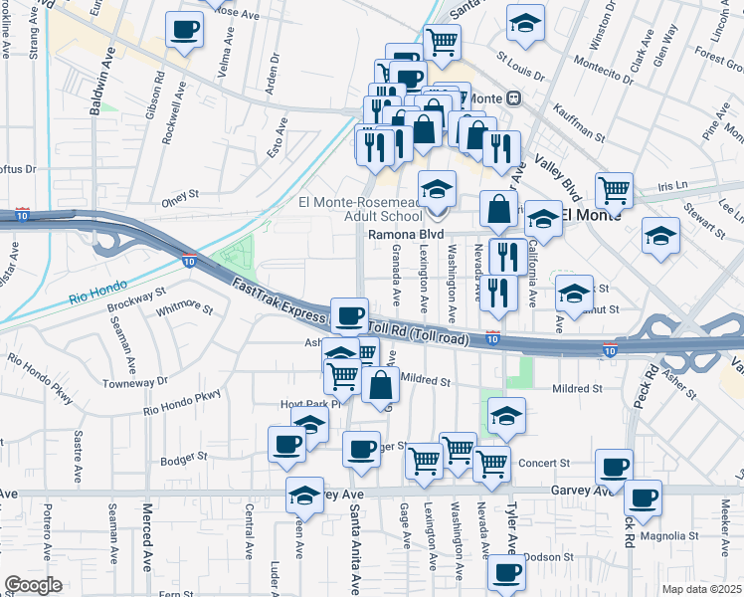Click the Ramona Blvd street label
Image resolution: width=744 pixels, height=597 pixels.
[x=406, y=235]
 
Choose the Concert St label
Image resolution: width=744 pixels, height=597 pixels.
[x=543, y=463]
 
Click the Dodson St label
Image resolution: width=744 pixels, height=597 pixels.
[x=542, y=556]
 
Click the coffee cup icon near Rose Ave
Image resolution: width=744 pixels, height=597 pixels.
[x=183, y=29]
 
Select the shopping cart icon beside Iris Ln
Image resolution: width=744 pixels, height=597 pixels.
[x=615, y=188]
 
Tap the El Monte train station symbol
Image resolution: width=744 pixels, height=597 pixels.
[x=514, y=99]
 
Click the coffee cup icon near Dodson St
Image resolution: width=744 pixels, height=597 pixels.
[x=506, y=572]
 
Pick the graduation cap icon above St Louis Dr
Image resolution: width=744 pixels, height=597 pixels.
[x=525, y=21]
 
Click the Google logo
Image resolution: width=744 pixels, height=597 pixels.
[x=33, y=585]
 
